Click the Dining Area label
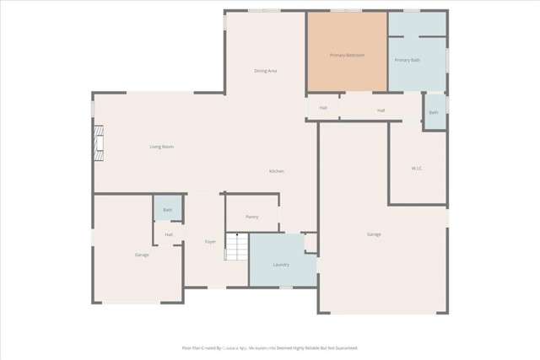point(265,71)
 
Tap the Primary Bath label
point(408,60)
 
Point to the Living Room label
point(161,148)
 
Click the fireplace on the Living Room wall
point(99,143)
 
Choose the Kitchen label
point(277,171)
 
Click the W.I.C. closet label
point(416,168)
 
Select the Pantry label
point(251,217)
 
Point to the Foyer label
point(210,242)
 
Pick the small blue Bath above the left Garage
point(167,209)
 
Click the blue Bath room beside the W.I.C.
point(434,112)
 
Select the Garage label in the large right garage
point(374,234)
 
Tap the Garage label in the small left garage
point(142,254)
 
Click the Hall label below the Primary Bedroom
point(323,108)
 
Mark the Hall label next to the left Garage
point(169,234)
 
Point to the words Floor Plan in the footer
point(191,347)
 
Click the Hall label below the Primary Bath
point(381,110)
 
